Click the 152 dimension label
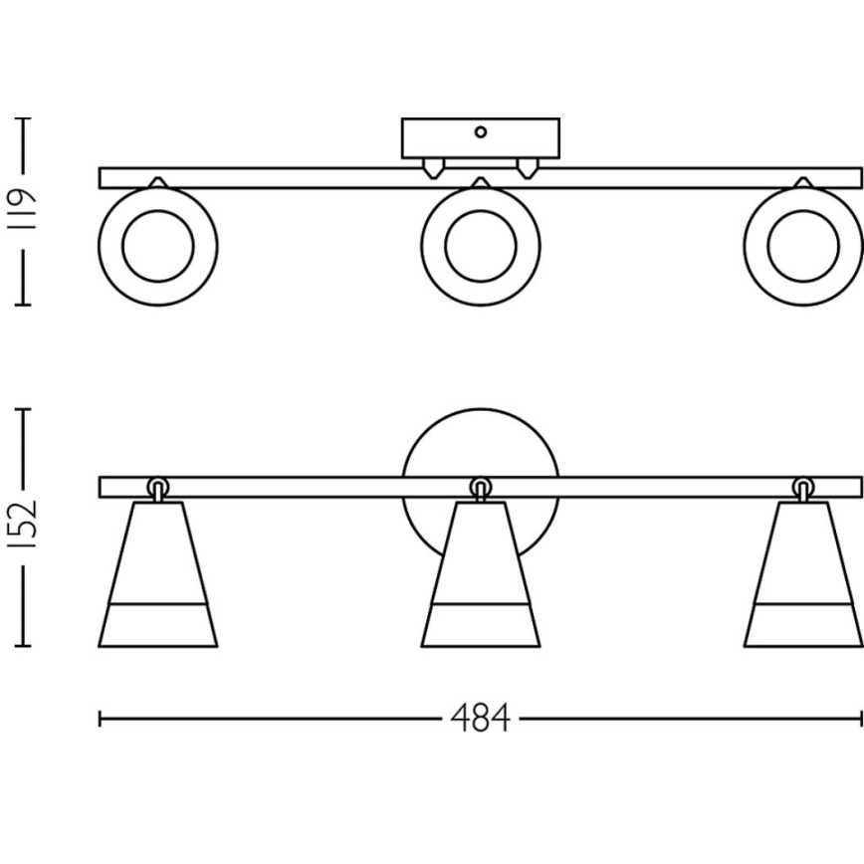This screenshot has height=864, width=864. [x=24, y=526]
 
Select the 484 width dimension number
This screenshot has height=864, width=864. [x=480, y=718]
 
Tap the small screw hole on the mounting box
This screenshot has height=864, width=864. [x=481, y=131]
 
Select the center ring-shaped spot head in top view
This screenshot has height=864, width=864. [x=481, y=246]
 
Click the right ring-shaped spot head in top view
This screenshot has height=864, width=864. [x=802, y=246]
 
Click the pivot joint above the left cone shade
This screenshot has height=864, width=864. [x=158, y=488]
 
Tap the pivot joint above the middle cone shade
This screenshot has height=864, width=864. [x=481, y=488]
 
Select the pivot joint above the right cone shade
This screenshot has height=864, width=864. [x=802, y=488]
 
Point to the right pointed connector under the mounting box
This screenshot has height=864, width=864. [x=528, y=167]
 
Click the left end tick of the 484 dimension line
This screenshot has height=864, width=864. [x=100, y=718]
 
